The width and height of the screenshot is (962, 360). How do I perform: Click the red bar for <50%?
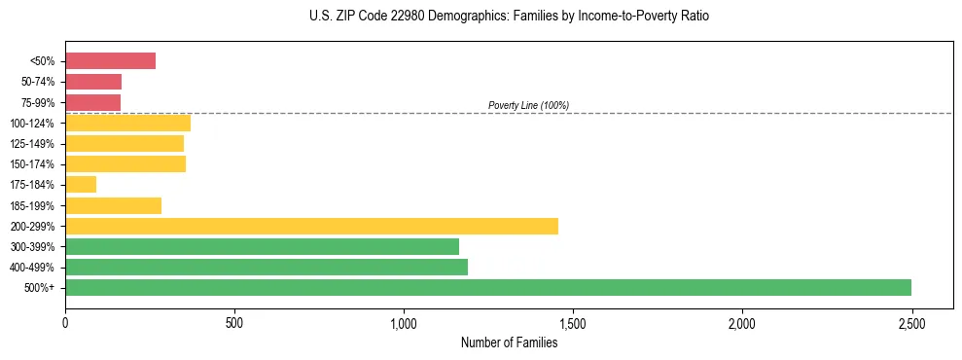[x=110, y=61]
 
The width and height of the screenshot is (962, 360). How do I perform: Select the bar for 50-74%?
[x=93, y=82]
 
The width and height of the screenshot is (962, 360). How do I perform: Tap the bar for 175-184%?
[x=81, y=185]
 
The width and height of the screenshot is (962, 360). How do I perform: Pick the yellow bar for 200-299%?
[x=311, y=226]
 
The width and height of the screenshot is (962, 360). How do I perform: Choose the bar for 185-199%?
[x=113, y=205]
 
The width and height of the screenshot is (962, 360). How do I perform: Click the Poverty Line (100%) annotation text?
[x=528, y=105]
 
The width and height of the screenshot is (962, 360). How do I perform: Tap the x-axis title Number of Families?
[x=509, y=342]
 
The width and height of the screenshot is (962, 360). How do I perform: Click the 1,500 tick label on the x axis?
[x=573, y=322]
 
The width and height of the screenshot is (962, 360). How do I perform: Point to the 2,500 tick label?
[x=911, y=322]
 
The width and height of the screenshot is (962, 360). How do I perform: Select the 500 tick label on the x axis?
[x=234, y=322]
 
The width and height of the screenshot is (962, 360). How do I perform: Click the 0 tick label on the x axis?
[x=65, y=322]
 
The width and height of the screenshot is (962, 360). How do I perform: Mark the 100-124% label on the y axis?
[x=32, y=124]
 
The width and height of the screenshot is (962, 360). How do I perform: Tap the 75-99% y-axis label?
[x=37, y=103]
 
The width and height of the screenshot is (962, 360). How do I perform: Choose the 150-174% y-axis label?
[x=32, y=164]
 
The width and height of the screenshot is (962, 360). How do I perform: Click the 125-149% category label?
[x=32, y=144]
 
